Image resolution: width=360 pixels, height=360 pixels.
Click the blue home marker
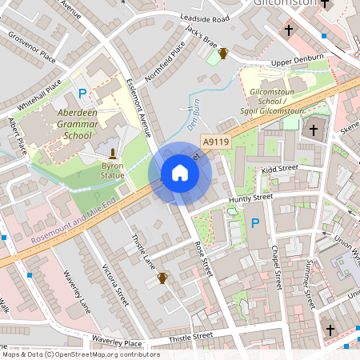[x=180, y=174]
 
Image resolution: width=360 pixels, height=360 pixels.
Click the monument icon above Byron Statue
[x=113, y=153]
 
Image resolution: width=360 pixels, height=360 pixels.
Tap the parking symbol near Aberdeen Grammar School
[x=82, y=94]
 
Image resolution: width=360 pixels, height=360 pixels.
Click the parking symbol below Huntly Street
[x=255, y=222]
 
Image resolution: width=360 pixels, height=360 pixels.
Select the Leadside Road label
[x=205, y=18]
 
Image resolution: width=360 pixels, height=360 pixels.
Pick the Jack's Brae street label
[x=201, y=36]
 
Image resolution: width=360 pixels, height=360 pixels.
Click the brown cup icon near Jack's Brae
[x=224, y=54]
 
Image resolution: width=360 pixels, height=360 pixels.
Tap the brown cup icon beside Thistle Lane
[x=162, y=278]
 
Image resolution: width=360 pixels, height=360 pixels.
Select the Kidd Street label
[x=279, y=169]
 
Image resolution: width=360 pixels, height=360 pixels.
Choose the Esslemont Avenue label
[x=139, y=108]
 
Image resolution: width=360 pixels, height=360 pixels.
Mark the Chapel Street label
[x=275, y=267]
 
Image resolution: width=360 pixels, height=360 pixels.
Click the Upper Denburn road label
[x=297, y=60]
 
